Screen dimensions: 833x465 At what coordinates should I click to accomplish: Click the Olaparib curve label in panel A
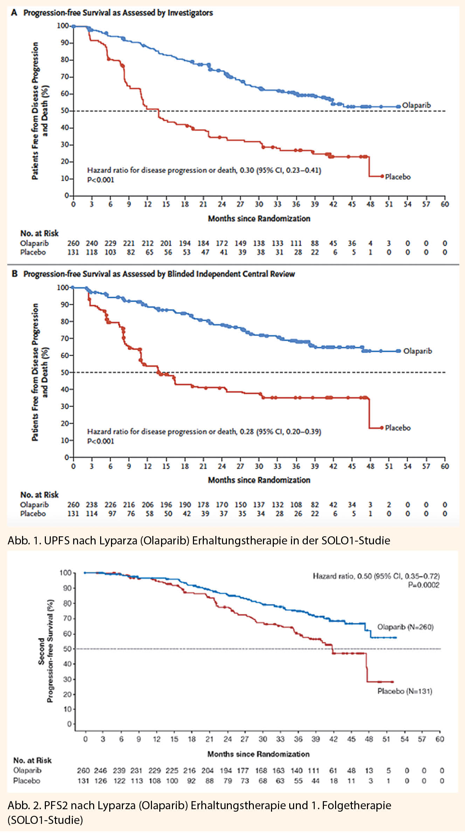(416, 105)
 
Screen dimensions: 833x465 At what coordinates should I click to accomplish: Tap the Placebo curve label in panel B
(398, 428)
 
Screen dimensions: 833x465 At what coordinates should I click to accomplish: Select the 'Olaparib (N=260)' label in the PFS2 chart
(405, 627)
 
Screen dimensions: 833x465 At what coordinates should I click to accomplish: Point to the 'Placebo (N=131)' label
(405, 691)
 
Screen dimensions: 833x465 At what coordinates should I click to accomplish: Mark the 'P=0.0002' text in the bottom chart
(424, 585)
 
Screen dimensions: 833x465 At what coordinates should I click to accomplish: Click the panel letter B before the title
(14, 274)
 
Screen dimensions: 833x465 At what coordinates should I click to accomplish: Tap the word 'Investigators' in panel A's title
(190, 13)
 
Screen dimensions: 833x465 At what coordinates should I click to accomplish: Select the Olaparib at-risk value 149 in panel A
(240, 243)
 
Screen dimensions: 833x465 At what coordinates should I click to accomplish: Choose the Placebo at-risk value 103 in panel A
(110, 252)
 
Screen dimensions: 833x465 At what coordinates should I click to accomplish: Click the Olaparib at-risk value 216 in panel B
(129, 505)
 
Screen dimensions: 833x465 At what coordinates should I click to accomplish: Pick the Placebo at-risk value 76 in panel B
(131, 514)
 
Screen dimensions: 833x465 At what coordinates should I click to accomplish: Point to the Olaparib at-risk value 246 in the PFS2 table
(100, 770)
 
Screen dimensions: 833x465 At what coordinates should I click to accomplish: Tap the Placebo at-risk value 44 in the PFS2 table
(315, 781)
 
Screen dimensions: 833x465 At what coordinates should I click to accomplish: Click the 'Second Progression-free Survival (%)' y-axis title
(46, 651)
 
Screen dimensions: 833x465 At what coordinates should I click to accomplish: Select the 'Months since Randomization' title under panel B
(259, 480)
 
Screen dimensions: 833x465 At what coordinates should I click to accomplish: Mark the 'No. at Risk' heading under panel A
(39, 233)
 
